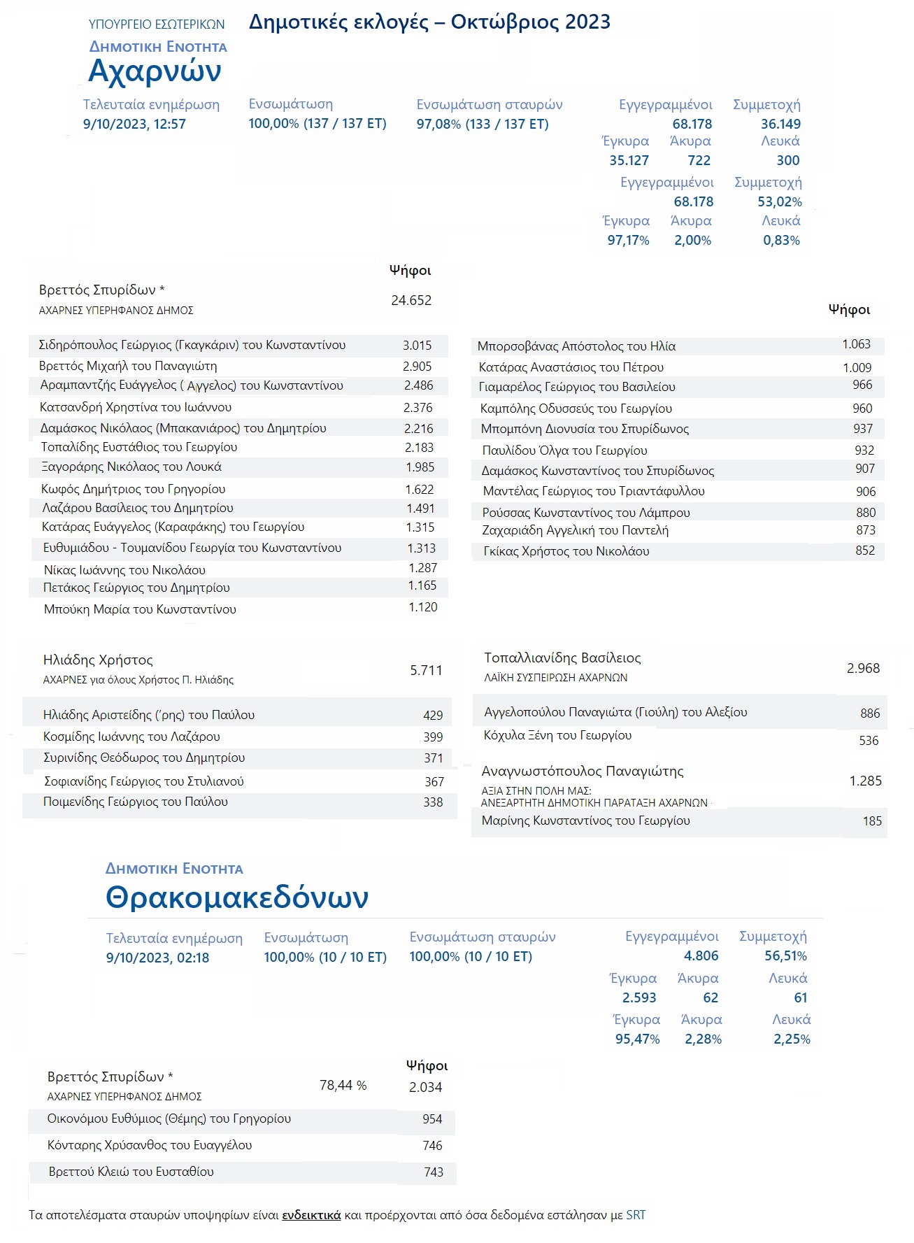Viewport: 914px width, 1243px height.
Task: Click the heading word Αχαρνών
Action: [155, 71]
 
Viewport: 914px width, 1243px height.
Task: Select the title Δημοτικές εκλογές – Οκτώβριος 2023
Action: [429, 22]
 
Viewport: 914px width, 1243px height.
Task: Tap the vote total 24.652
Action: [411, 300]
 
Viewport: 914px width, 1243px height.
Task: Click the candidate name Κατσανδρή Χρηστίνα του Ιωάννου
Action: [136, 407]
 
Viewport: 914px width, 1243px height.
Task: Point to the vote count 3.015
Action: [417, 346]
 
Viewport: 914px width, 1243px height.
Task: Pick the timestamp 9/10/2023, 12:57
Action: [134, 124]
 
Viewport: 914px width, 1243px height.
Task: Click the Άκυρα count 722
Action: [699, 160]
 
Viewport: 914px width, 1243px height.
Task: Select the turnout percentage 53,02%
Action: [780, 201]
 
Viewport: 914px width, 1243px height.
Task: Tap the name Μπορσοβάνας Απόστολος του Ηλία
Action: [576, 346]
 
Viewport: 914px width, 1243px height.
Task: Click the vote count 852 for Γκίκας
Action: [865, 551]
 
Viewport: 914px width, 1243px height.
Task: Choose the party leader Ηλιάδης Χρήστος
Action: [98, 660]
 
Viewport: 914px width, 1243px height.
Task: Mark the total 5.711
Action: [426, 670]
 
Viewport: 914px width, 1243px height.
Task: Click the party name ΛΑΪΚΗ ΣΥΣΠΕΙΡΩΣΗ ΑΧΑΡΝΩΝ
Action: [556, 677]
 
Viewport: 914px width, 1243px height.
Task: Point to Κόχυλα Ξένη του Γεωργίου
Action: [557, 735]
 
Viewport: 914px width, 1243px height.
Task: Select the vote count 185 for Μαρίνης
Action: [872, 821]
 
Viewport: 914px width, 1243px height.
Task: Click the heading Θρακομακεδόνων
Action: [236, 897]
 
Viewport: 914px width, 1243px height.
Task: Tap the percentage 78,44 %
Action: [343, 1086]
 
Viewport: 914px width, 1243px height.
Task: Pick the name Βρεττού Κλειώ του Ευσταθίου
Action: [131, 1172]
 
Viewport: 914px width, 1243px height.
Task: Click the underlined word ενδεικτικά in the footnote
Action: [311, 1215]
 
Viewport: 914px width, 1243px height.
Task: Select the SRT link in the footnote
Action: [636, 1215]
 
